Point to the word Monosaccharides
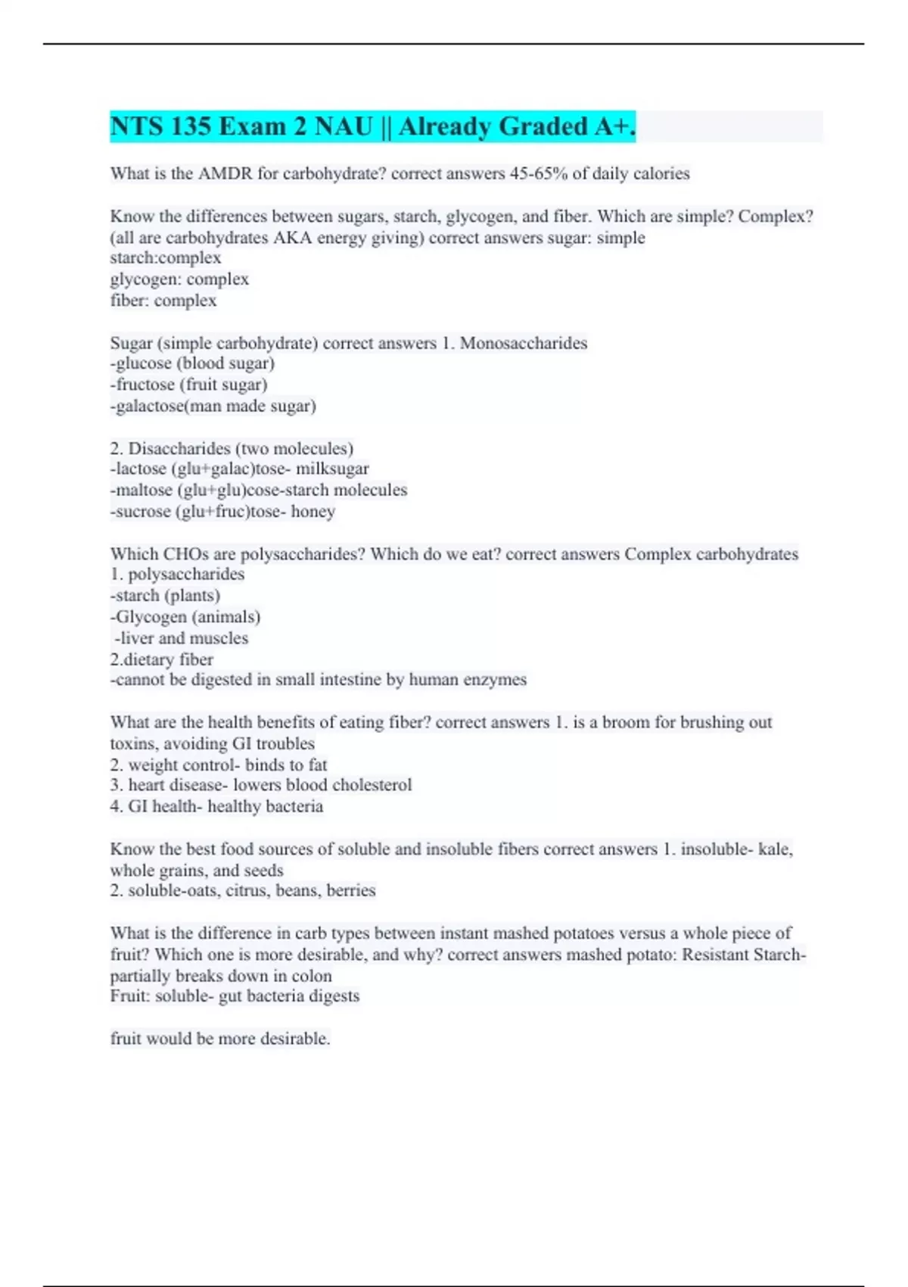[523, 343]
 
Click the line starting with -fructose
[189, 385]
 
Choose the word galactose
[149, 406]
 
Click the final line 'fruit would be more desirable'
[220, 1038]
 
